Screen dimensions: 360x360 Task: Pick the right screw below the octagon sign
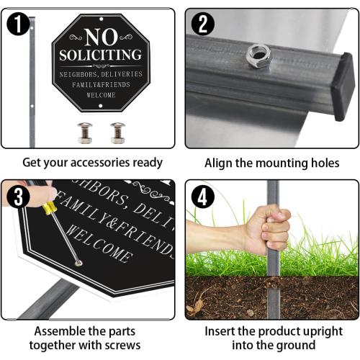click(117, 132)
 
